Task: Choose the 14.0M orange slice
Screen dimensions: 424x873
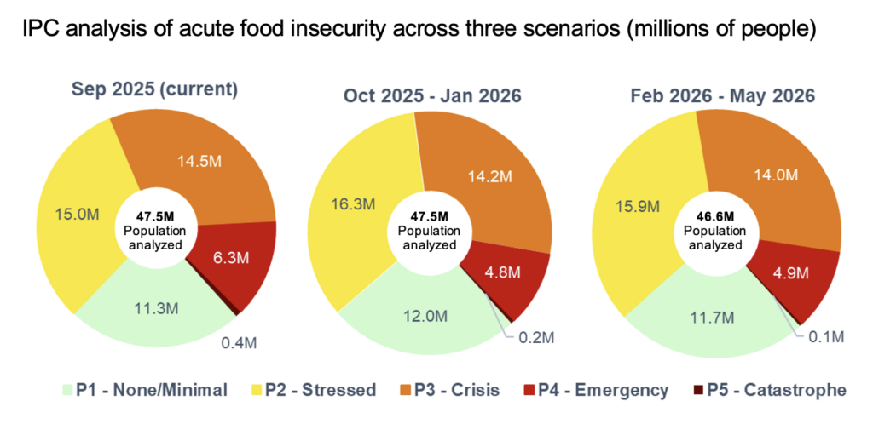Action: (x=775, y=175)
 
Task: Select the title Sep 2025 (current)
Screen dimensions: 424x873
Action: (x=154, y=89)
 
